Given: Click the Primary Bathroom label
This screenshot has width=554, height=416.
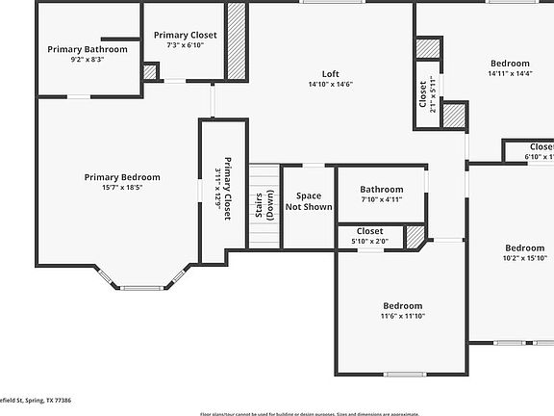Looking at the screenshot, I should pyautogui.click(x=88, y=49).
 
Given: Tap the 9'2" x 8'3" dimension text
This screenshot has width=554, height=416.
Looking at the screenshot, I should pyautogui.click(x=88, y=60).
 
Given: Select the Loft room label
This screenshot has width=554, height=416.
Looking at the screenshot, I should pyautogui.click(x=330, y=73).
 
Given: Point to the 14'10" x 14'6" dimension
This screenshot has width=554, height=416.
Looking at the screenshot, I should pyautogui.click(x=330, y=84).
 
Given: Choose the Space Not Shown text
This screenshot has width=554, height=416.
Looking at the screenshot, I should pyautogui.click(x=309, y=201).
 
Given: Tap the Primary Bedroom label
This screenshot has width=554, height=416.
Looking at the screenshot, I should pyautogui.click(x=122, y=177).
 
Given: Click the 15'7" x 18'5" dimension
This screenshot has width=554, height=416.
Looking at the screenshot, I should pyautogui.click(x=122, y=188).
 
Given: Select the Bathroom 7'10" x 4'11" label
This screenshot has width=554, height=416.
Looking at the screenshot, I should pyautogui.click(x=381, y=190).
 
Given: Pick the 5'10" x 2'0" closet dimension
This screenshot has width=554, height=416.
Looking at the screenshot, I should pyautogui.click(x=370, y=242).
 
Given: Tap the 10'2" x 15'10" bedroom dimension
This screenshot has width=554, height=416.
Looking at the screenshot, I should pyautogui.click(x=524, y=258).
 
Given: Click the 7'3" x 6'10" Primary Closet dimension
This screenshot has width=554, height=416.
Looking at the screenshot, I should pyautogui.click(x=186, y=45).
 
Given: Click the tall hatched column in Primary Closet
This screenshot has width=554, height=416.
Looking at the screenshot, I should pyautogui.click(x=236, y=40).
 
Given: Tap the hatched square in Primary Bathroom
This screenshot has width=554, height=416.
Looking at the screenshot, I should pyautogui.click(x=149, y=71).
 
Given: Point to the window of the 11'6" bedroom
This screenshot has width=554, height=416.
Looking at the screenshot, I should pyautogui.click(x=404, y=374).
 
